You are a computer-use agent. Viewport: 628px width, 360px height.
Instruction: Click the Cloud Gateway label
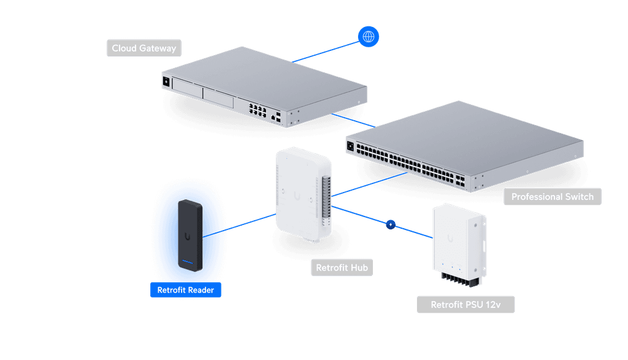(144, 48)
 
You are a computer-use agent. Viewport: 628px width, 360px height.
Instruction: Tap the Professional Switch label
(552, 197)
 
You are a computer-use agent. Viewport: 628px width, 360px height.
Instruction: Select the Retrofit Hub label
(341, 268)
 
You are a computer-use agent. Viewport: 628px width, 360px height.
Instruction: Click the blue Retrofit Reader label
(186, 289)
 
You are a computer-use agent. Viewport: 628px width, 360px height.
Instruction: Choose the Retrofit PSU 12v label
(465, 305)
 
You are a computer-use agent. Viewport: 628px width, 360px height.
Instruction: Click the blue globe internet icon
(369, 36)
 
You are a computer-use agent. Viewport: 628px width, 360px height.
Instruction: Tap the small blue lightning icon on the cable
(390, 224)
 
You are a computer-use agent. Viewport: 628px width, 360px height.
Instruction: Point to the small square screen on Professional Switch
(351, 147)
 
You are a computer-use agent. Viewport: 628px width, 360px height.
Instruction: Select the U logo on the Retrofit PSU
(451, 237)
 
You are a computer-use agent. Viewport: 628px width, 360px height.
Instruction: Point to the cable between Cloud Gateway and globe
(325, 52)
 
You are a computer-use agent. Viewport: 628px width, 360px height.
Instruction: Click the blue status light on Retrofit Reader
(189, 265)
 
